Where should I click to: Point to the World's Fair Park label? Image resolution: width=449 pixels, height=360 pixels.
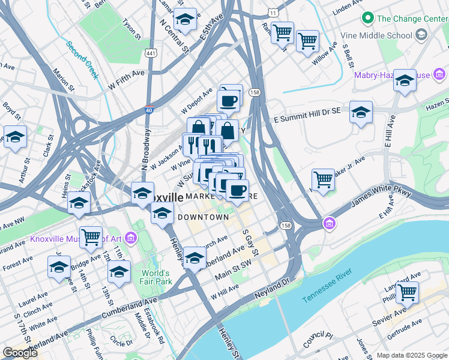tap(156, 277)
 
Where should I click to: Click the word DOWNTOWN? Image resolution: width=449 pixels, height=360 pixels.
tap(202, 217)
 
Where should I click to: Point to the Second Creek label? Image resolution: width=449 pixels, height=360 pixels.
tap(82, 60)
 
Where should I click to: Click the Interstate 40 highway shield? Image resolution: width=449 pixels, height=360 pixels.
tap(148, 109)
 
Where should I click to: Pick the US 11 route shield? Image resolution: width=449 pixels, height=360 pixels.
tap(273, 12)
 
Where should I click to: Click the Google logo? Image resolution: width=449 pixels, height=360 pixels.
tap(20, 353)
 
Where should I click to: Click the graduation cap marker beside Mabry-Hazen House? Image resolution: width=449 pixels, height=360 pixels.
tap(405, 80)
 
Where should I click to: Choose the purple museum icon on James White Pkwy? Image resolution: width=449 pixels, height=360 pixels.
tap(329, 224)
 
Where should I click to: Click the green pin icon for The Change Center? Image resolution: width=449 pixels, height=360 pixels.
tap(368, 19)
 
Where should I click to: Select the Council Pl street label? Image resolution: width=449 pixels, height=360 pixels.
tap(318, 340)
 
